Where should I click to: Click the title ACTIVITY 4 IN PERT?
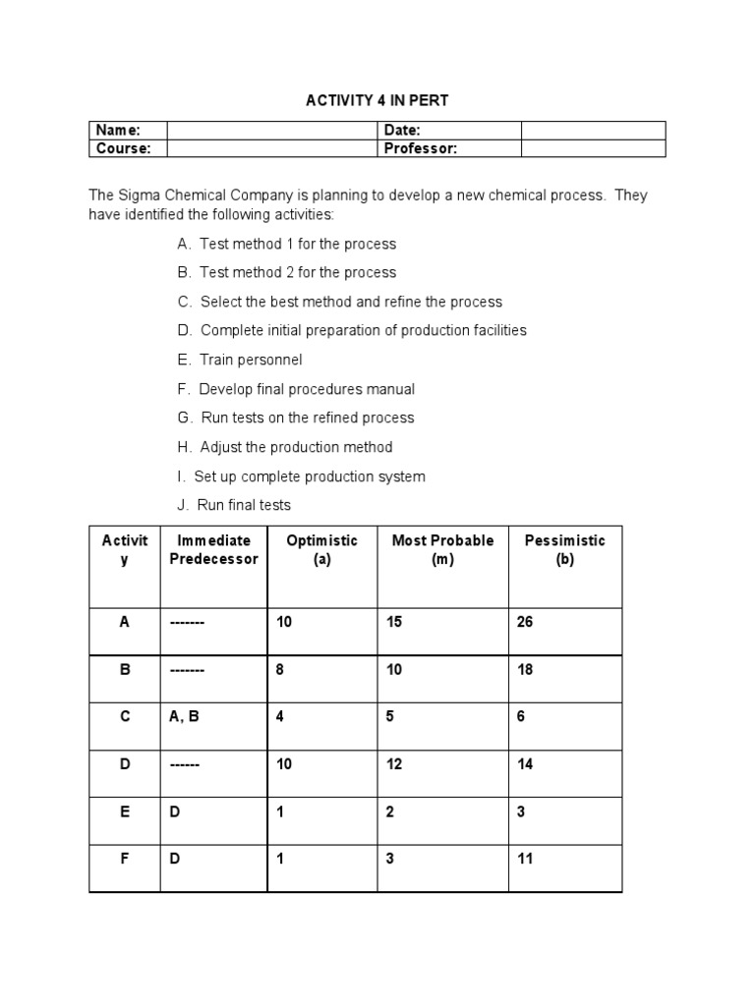pyautogui.click(x=378, y=100)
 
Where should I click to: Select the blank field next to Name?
pyautogui.click(x=271, y=131)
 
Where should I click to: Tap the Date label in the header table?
pyautogui.click(x=401, y=131)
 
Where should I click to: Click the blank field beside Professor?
pyautogui.click(x=592, y=148)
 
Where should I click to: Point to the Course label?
pyautogui.click(x=123, y=148)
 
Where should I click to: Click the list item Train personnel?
pyautogui.click(x=240, y=360)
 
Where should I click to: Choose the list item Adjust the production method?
pyautogui.click(x=285, y=447)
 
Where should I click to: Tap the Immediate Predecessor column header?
pyautogui.click(x=213, y=549)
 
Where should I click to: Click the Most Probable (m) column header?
pyautogui.click(x=442, y=549)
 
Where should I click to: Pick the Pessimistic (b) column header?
pyautogui.click(x=564, y=549)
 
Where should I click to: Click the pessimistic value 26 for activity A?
pyautogui.click(x=525, y=622)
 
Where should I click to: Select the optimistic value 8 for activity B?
pyautogui.click(x=281, y=669)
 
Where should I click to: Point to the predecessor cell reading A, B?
pyautogui.click(x=184, y=716)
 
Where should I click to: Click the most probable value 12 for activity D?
pyautogui.click(x=394, y=763)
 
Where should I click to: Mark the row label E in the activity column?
pyautogui.click(x=125, y=811)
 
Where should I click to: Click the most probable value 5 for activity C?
pyautogui.click(x=390, y=716)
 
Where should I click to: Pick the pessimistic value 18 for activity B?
pyautogui.click(x=525, y=669)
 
